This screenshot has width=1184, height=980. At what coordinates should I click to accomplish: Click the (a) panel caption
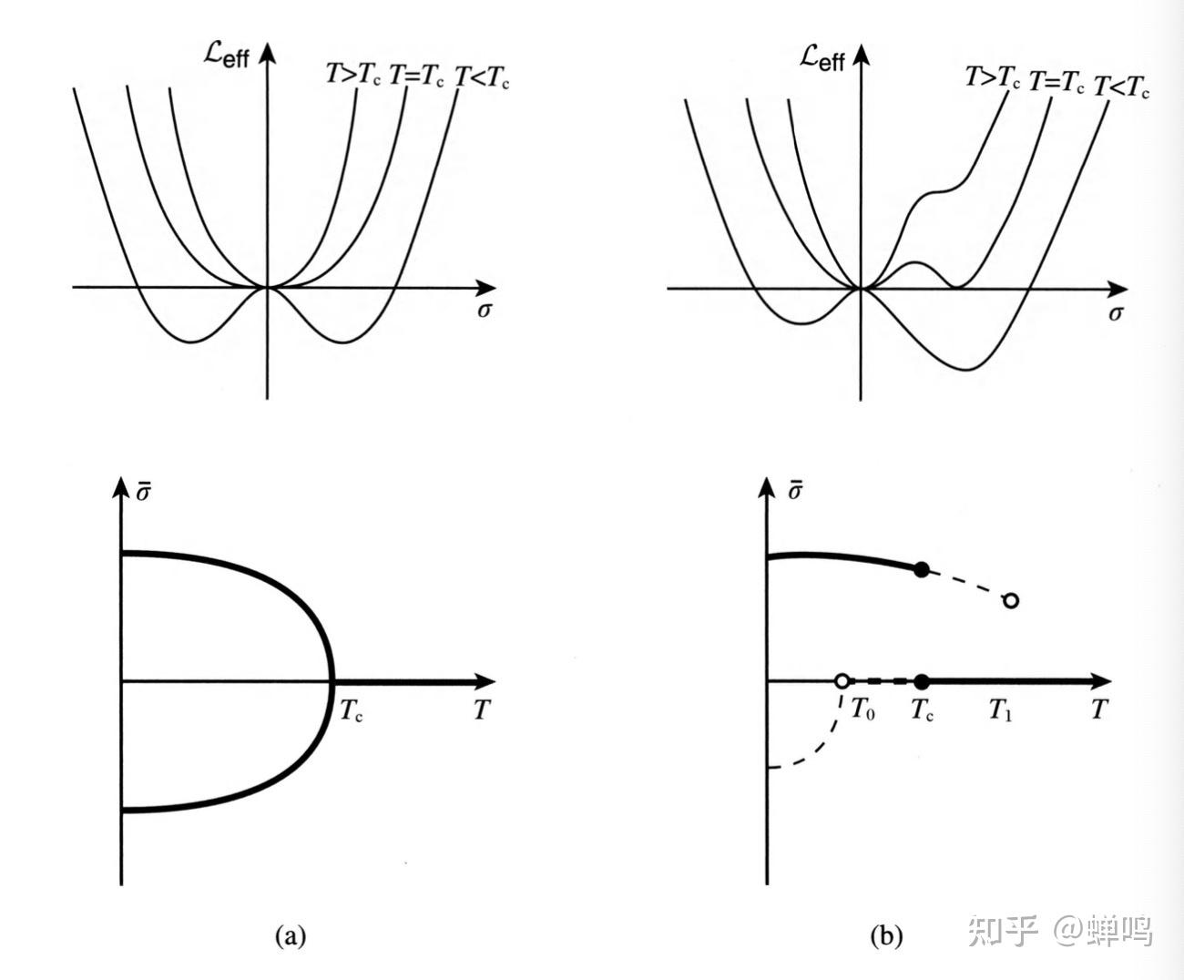(x=290, y=935)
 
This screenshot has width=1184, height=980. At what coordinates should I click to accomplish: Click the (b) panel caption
(x=885, y=935)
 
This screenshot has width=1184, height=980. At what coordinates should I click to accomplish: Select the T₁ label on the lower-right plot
(x=1001, y=709)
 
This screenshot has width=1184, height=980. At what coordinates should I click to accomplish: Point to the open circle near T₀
(x=842, y=681)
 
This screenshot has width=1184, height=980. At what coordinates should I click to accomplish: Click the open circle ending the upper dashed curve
(x=1010, y=600)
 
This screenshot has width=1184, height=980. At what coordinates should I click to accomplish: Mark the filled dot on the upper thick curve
(x=922, y=570)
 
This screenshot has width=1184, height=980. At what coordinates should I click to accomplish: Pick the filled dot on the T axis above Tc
(x=922, y=681)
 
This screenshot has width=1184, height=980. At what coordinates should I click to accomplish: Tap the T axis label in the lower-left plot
(x=482, y=709)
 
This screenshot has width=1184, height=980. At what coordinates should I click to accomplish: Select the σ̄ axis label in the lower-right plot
(x=794, y=491)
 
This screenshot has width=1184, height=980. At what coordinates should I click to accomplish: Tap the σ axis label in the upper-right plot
(x=1116, y=313)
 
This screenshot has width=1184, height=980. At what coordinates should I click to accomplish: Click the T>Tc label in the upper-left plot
(x=353, y=76)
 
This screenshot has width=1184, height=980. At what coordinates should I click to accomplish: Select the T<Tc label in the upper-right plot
(x=1121, y=87)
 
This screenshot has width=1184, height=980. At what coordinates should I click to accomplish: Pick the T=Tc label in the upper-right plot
(x=1056, y=83)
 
